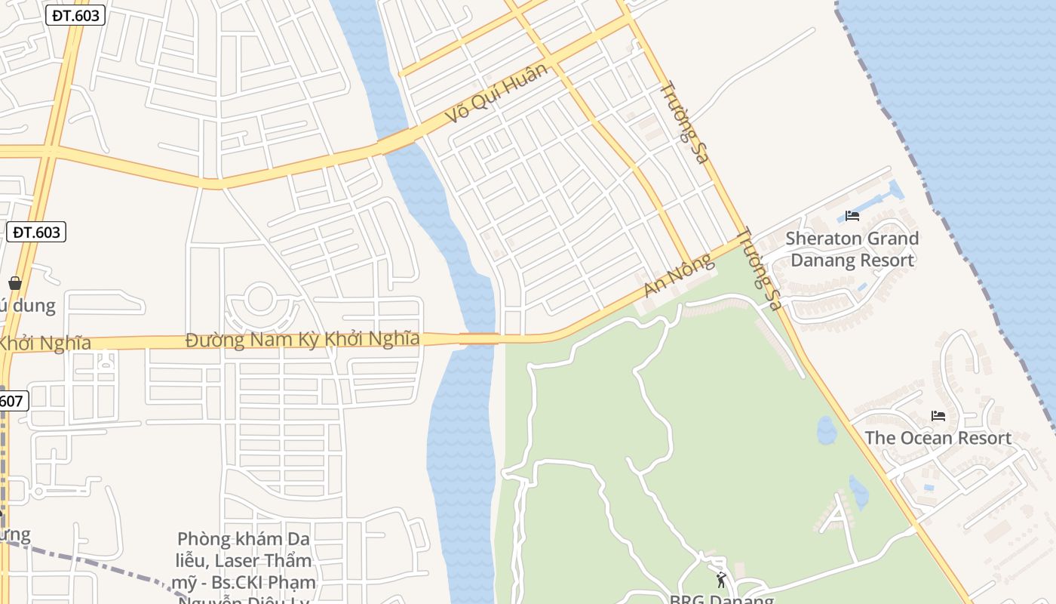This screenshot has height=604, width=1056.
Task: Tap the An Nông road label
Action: (x=677, y=276)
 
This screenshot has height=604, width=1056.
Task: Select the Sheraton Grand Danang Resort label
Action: (x=852, y=249)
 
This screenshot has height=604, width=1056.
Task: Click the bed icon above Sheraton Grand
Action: (x=852, y=216)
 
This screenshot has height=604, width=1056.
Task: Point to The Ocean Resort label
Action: (x=938, y=438)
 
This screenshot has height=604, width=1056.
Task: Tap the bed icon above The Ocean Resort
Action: (x=938, y=415)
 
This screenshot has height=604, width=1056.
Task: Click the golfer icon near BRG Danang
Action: (x=721, y=580)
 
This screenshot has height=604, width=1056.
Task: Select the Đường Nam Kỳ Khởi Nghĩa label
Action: (x=302, y=340)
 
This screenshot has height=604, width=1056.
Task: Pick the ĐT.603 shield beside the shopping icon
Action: (x=36, y=232)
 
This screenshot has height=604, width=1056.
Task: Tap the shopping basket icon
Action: (x=14, y=283)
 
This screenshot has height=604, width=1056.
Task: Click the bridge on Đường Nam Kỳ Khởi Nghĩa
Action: (x=479, y=339)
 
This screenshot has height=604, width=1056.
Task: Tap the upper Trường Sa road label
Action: (x=684, y=122)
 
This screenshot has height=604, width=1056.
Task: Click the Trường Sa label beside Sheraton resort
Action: (x=759, y=268)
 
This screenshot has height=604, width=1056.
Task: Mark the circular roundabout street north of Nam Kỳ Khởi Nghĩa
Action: (x=260, y=300)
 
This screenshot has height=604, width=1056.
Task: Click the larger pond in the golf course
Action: (x=827, y=430)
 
